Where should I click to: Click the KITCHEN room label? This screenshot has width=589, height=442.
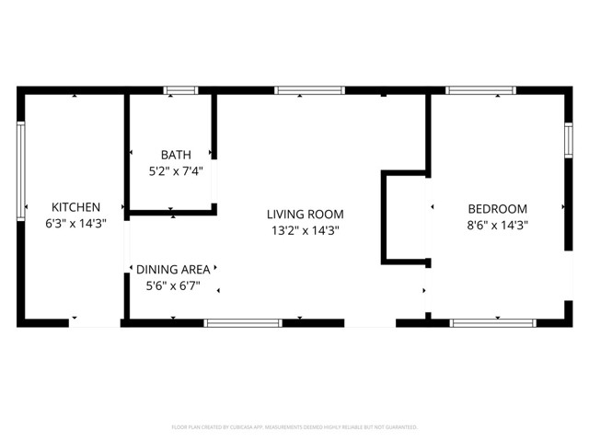click(75, 207)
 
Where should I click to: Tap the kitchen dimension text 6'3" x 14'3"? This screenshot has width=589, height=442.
click(75, 224)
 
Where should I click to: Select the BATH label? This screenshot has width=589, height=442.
click(176, 155)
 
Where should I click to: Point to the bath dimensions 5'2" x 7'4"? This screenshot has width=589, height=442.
click(176, 170)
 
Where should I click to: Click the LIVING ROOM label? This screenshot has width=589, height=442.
click(306, 215)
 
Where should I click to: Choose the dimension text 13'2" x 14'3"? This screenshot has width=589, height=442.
click(306, 231)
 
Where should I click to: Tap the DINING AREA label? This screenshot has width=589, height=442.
click(173, 269)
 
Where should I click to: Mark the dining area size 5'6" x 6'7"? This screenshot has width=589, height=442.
click(173, 285)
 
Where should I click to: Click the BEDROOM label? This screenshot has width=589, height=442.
click(497, 208)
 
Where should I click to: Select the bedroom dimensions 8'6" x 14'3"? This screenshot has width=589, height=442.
click(497, 224)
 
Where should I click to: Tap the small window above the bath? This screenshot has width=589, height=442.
click(180, 90)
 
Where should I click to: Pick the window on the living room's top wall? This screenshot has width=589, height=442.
click(310, 90)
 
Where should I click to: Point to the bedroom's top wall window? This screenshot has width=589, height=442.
click(479, 90)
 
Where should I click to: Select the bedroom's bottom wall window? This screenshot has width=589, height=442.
click(492, 323)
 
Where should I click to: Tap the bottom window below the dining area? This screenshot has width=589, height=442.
click(243, 323)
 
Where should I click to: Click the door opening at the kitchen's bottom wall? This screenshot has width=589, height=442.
click(94, 323)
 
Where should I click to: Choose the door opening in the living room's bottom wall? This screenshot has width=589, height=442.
click(370, 323)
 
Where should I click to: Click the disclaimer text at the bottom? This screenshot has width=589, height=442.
click(294, 427)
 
